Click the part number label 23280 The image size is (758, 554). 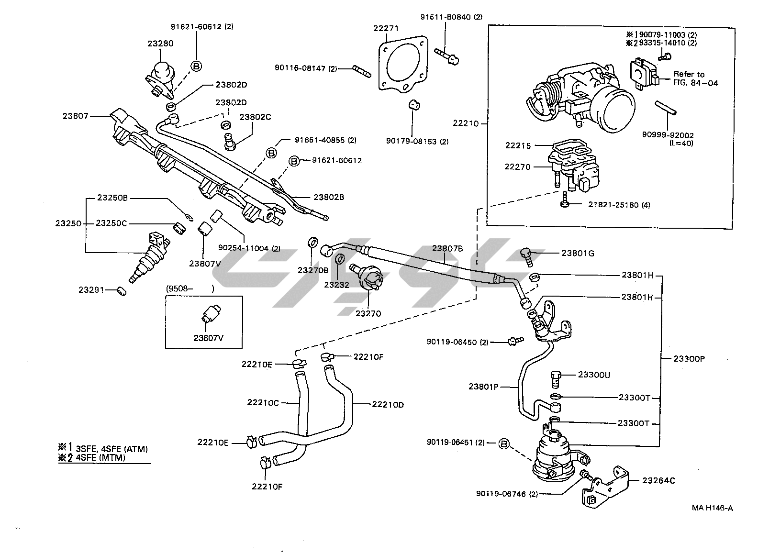(160, 44)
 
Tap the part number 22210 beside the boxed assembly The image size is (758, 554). (466, 123)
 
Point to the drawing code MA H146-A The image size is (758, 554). (712, 508)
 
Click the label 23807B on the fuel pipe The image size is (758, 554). (447, 248)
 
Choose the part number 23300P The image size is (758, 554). (690, 359)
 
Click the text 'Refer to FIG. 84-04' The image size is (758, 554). (695, 78)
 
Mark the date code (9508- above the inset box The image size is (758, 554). (180, 288)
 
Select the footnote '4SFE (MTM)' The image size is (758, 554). (100, 458)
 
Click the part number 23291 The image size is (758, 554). (91, 289)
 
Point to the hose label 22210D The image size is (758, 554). (388, 405)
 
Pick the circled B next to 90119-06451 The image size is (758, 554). (504, 443)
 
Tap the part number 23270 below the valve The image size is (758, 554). (368, 314)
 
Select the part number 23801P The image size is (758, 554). (483, 387)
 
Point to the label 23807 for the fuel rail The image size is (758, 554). (75, 116)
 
